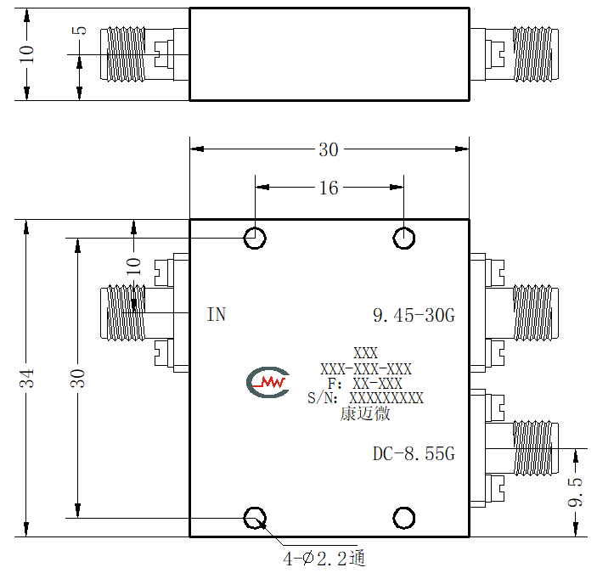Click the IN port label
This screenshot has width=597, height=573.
pyautogui.click(x=217, y=315)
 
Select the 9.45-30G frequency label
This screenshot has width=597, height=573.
pyautogui.click(x=414, y=316)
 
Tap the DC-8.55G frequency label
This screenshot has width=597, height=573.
pyautogui.click(x=414, y=453)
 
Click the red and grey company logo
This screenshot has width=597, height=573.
pyautogui.click(x=268, y=382)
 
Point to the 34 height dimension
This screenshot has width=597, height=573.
pyautogui.click(x=26, y=378)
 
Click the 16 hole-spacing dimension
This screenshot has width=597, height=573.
pyautogui.click(x=329, y=188)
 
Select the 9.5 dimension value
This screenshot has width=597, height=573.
pyautogui.click(x=575, y=492)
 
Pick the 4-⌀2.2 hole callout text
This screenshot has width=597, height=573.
pyautogui.click(x=324, y=559)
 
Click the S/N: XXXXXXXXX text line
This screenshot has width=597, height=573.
pyautogui.click(x=365, y=398)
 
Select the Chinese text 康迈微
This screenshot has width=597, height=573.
pyautogui.click(x=365, y=413)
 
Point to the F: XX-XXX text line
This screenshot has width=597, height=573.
pyautogui.click(x=365, y=384)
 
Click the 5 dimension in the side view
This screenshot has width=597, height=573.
pyautogui.click(x=80, y=31)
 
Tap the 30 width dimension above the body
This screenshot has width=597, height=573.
pyautogui.click(x=329, y=149)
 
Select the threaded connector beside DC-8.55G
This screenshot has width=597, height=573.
pyautogui.click(x=536, y=448)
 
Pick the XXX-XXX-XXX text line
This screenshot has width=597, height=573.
pyautogui.click(x=366, y=369)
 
